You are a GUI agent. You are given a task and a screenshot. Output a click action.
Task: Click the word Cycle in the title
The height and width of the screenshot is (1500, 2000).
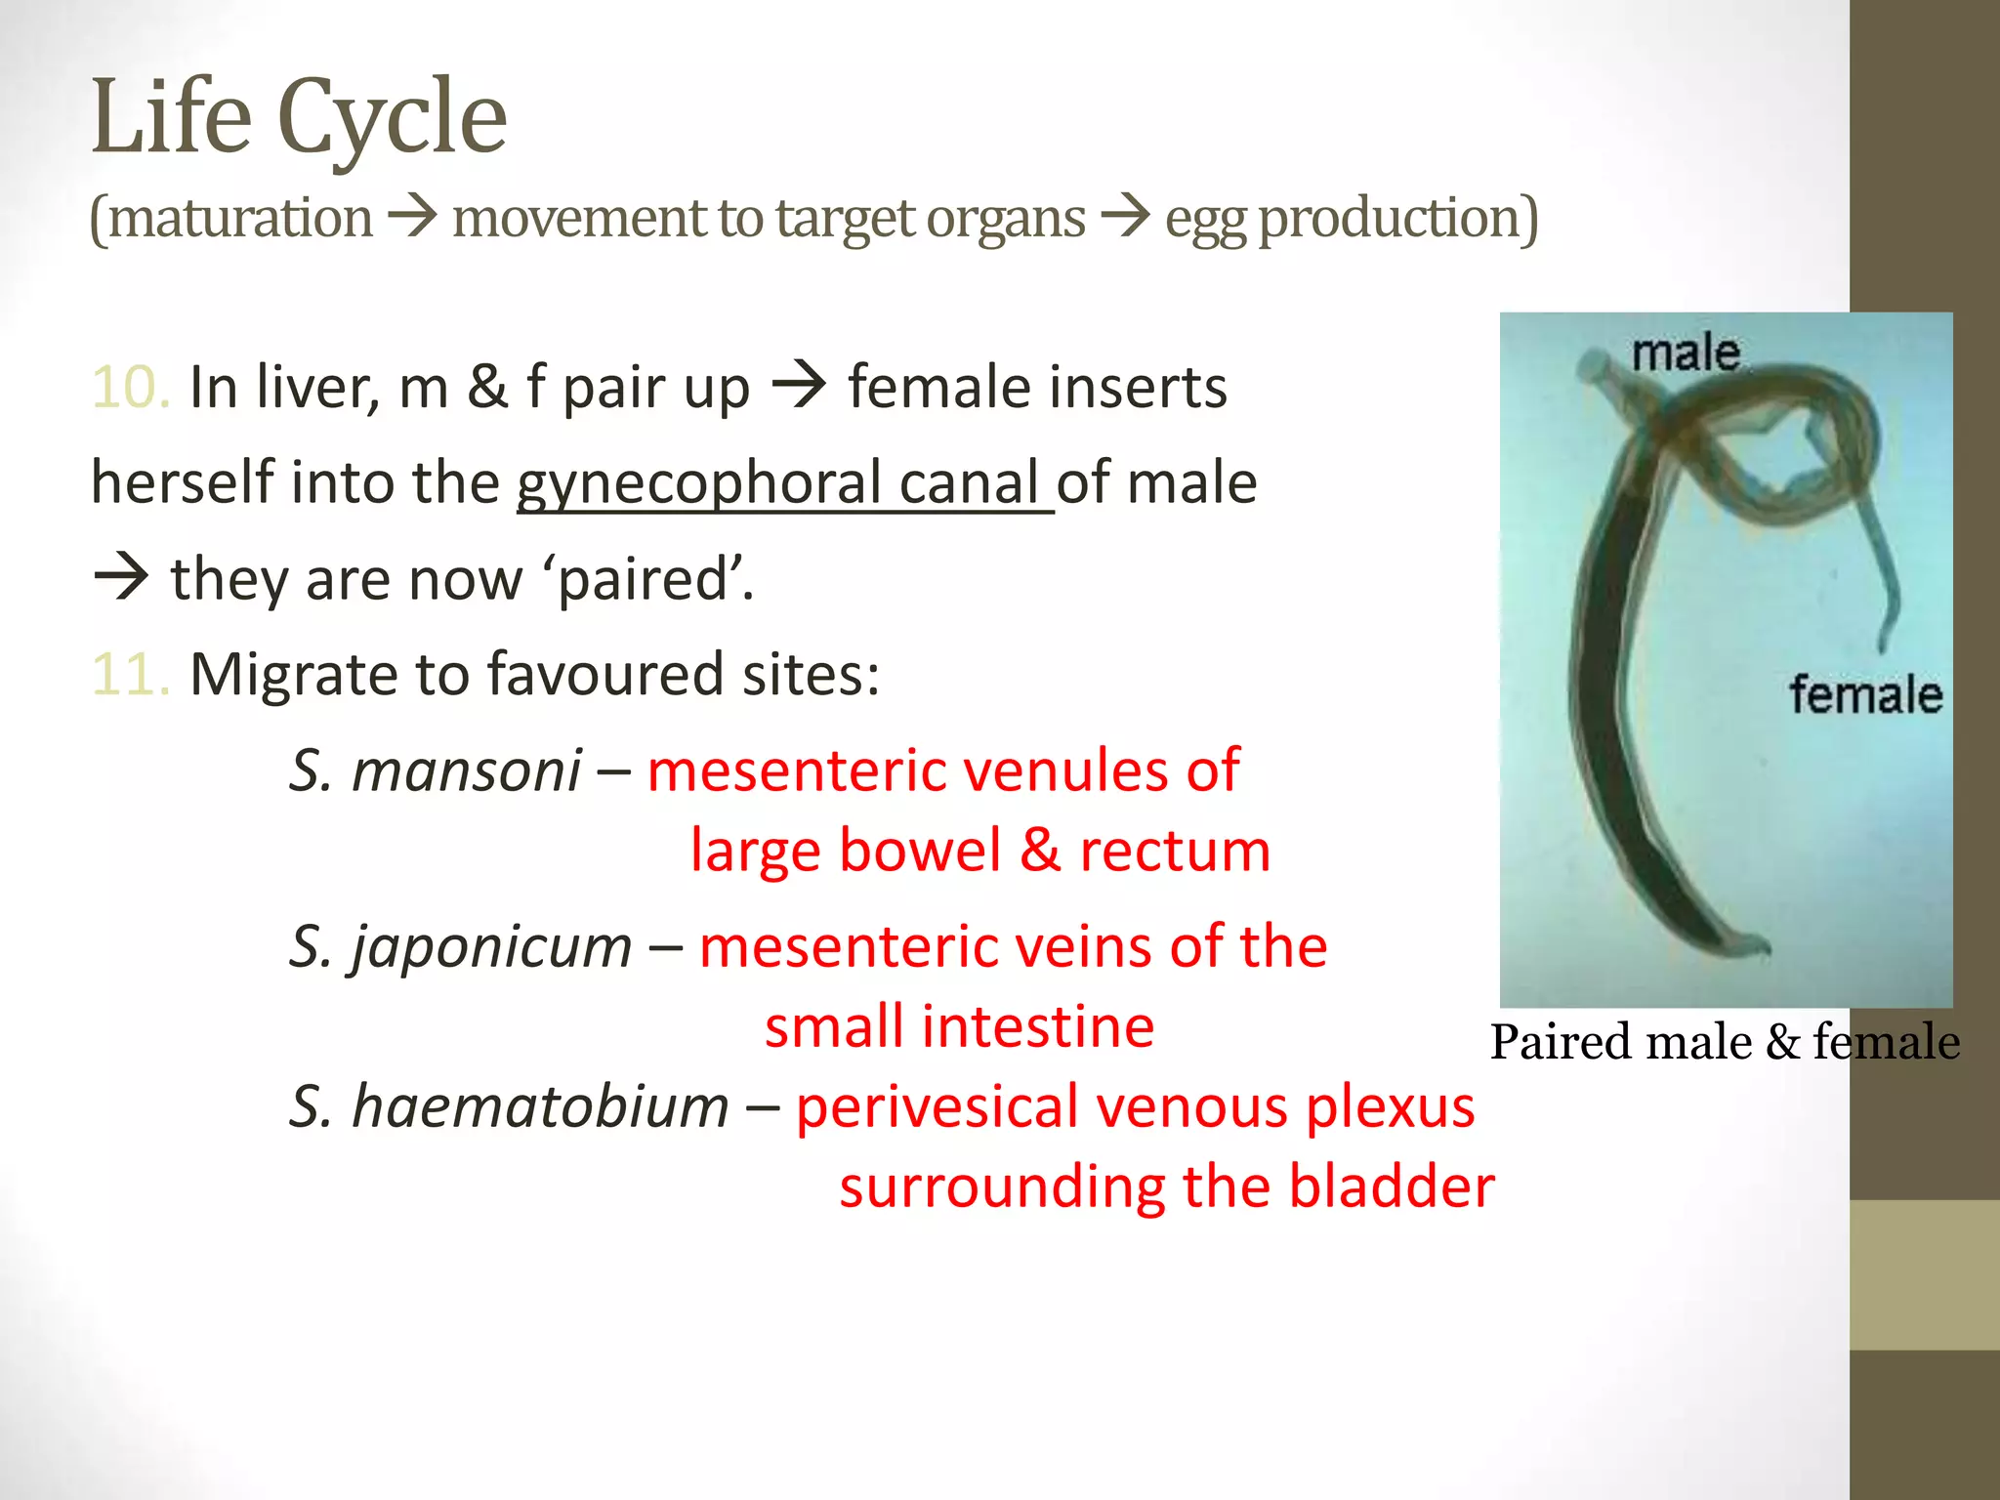[x=393, y=119]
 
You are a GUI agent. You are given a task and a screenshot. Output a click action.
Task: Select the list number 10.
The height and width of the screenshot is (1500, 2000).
[x=131, y=388]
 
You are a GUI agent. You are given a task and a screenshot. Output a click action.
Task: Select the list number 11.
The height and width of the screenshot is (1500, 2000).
[x=131, y=675]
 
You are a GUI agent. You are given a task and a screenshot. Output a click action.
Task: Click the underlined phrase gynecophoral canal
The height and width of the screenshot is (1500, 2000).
[x=784, y=483]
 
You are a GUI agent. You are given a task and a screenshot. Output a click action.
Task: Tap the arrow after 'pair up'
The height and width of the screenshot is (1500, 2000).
[x=800, y=387]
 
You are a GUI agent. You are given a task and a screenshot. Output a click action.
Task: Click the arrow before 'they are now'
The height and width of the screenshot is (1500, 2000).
[x=121, y=578]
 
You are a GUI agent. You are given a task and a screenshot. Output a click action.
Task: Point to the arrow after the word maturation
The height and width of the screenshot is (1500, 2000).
[x=412, y=217]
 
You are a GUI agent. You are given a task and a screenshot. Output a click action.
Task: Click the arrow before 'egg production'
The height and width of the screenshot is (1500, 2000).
[x=1126, y=217]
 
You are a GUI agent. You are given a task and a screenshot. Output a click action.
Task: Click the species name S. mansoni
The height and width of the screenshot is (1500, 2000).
[x=436, y=771]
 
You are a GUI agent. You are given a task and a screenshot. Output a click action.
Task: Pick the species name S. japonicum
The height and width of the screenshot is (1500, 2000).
[x=461, y=946]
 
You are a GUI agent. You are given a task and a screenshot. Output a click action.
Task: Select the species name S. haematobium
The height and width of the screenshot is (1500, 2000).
[x=509, y=1107]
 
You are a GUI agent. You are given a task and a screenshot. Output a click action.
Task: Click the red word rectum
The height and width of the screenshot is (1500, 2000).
[x=1175, y=851]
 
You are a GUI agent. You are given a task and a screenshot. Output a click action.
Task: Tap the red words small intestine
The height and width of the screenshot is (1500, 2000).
[x=959, y=1027]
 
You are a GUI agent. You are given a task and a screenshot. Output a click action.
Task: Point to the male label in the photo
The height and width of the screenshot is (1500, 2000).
[x=1686, y=353]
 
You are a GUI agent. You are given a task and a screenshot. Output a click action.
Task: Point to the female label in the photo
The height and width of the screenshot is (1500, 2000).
[x=1865, y=695]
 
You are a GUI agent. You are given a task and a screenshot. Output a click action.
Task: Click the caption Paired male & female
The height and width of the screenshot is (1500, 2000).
[x=1725, y=1042]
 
